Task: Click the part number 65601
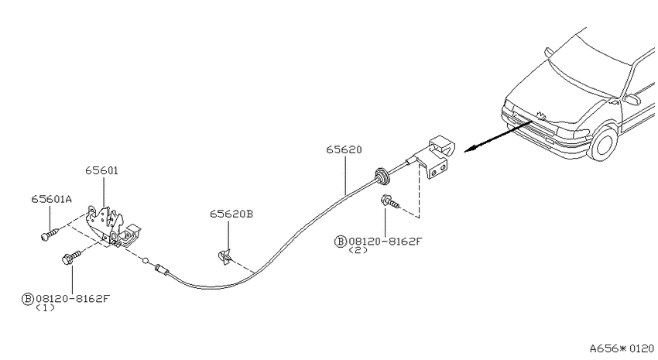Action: tap(101, 170)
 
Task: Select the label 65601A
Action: tap(52, 198)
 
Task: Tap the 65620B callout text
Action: tap(231, 214)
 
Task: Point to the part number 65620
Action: tap(344, 149)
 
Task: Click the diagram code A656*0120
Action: tap(622, 348)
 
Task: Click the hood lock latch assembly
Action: tap(112, 227)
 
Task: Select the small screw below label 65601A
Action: tap(50, 234)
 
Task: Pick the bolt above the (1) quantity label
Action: tap(71, 257)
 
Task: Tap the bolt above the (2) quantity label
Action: tap(389, 202)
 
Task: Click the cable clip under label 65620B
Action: tap(224, 257)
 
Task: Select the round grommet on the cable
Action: tap(382, 176)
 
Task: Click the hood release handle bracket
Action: tap(437, 157)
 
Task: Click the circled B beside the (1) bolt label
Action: tap(27, 299)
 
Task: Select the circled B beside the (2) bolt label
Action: tap(340, 242)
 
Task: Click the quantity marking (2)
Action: tap(358, 250)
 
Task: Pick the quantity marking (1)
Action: tap(45, 307)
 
